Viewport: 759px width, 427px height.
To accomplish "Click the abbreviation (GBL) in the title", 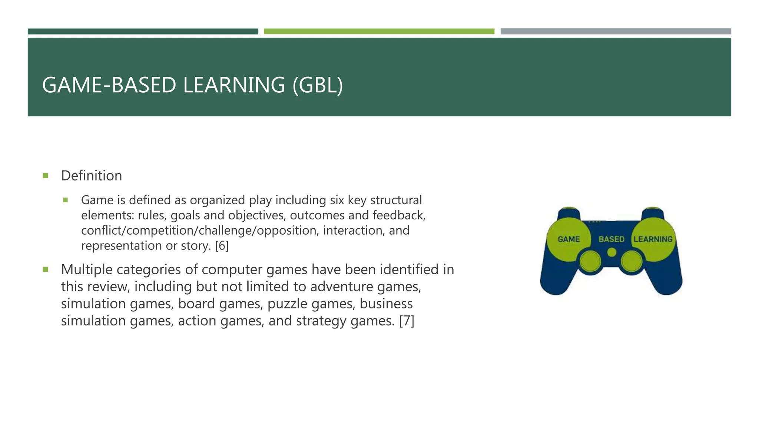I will (x=318, y=85).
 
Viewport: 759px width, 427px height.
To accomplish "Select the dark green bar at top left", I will (x=143, y=32).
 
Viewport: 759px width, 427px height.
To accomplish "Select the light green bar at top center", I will (x=379, y=32).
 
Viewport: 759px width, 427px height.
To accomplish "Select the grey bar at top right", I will (x=616, y=32).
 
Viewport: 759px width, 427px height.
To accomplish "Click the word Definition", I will (x=92, y=176).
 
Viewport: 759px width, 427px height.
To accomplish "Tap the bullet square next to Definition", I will (x=46, y=176).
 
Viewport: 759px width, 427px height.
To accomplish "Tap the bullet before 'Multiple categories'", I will (x=46, y=269).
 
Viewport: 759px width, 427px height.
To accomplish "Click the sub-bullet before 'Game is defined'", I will (x=66, y=200).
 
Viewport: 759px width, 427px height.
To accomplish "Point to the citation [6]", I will (x=222, y=246).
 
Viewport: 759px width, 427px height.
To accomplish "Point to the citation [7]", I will (x=407, y=321).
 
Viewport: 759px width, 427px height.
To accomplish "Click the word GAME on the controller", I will (x=569, y=239).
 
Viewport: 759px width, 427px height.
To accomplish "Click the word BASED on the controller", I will (x=611, y=239).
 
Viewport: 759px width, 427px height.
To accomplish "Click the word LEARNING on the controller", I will (x=653, y=239).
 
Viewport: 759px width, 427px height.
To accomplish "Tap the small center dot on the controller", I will (x=612, y=252).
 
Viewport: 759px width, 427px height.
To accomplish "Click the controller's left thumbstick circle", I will (x=590, y=262).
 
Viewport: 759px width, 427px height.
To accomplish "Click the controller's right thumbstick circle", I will (x=632, y=262).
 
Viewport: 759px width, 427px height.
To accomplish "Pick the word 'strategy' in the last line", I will (x=321, y=321).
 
